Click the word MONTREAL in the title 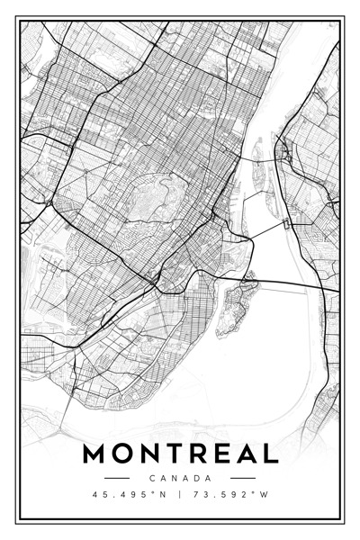pyautogui.click(x=180, y=453)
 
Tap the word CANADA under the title pyautogui.click(x=180, y=478)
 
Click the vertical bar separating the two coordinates pyautogui.click(x=180, y=494)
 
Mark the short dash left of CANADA pyautogui.click(x=118, y=478)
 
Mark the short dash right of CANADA pyautogui.click(x=242, y=478)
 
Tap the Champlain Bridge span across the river pyautogui.click(x=297, y=286)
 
